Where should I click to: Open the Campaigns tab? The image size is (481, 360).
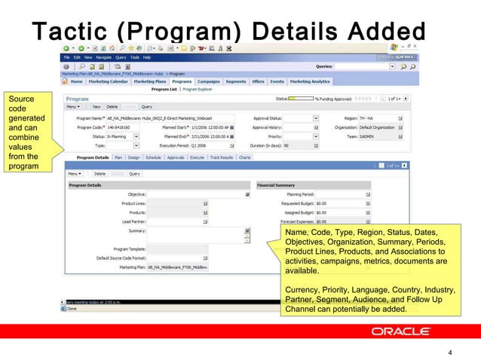click(x=209, y=81)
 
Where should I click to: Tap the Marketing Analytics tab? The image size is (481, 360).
click(x=310, y=81)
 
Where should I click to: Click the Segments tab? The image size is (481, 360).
click(x=236, y=81)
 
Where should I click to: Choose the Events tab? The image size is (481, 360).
click(x=277, y=81)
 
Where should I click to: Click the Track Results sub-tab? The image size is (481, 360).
click(x=221, y=157)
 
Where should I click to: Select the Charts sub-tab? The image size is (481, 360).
click(x=245, y=157)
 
